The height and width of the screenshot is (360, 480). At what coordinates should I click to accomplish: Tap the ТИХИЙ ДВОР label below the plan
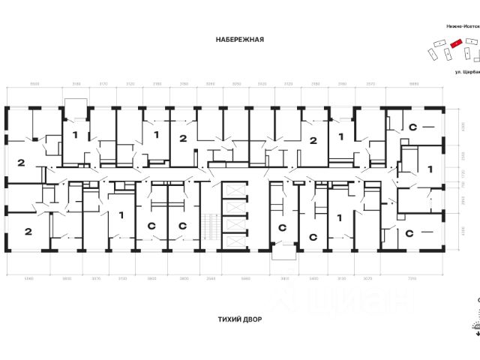pyautogui.click(x=239, y=318)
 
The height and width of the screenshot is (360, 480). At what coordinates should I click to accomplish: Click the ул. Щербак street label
pyautogui.click(x=466, y=73)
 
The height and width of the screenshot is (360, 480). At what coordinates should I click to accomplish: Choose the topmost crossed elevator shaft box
pyautogui.click(x=235, y=190)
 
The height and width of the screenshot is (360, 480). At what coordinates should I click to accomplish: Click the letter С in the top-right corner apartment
pyautogui.click(x=412, y=128)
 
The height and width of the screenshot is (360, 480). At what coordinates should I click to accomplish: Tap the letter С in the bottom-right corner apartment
pyautogui.click(x=411, y=232)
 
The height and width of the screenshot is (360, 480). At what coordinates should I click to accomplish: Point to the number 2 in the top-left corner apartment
pyautogui.click(x=21, y=163)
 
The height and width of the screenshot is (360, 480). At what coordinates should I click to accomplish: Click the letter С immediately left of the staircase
pyautogui.click(x=181, y=226)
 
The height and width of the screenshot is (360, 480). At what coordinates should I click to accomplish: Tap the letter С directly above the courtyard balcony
pyautogui.click(x=282, y=226)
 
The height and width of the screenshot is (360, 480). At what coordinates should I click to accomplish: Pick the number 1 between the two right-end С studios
pyautogui.click(x=430, y=170)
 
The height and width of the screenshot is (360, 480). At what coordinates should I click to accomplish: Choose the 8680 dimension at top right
pyautogui.click(x=415, y=84)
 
